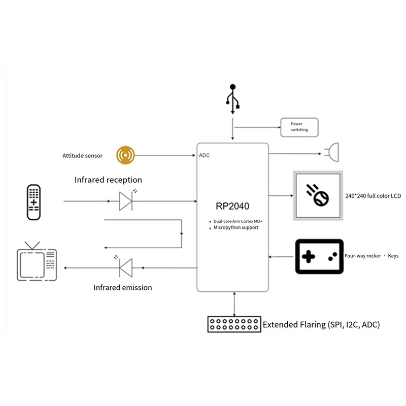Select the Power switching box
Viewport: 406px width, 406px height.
(299, 127)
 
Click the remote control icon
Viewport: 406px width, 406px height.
(33, 202)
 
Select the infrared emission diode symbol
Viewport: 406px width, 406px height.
(125, 267)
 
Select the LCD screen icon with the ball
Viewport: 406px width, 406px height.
(318, 196)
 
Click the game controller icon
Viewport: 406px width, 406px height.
(319, 257)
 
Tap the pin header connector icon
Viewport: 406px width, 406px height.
(234, 324)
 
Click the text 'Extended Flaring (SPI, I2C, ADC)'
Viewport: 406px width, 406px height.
(321, 324)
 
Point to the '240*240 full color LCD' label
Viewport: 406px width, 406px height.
(373, 196)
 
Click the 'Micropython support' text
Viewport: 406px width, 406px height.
(236, 227)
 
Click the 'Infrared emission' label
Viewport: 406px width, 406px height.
(122, 287)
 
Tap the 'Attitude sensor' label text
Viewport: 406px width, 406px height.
(82, 156)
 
